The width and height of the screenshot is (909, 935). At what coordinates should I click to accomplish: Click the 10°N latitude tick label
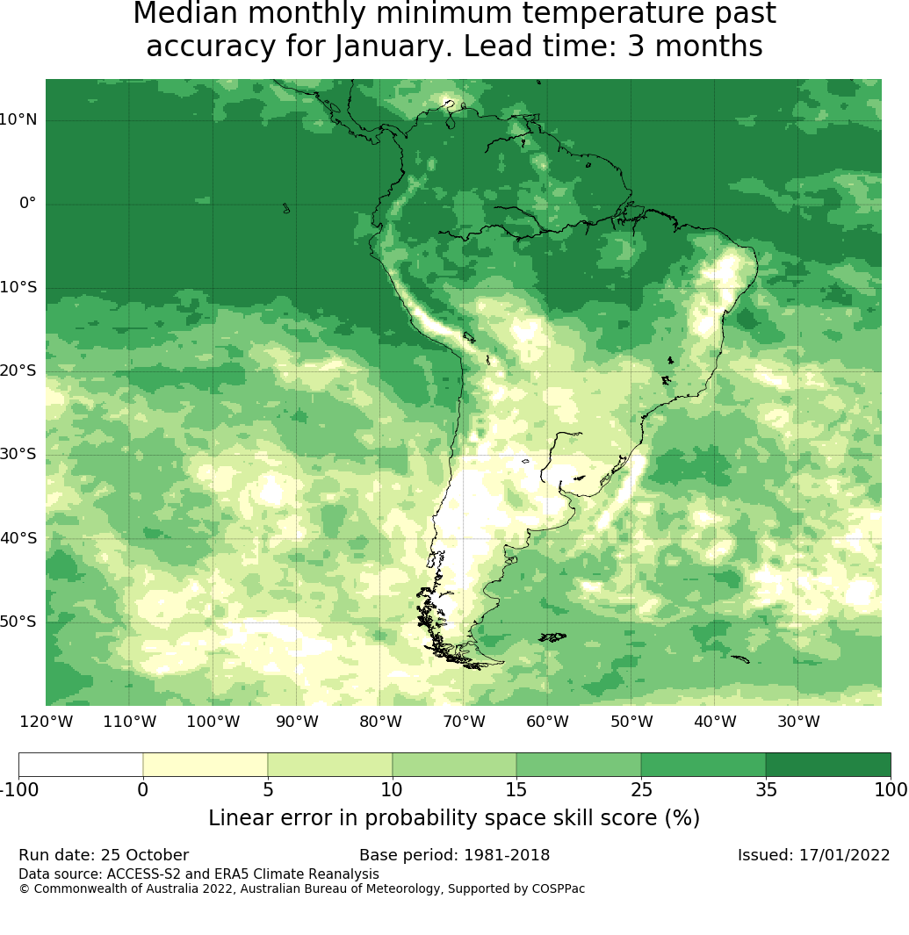point(18,120)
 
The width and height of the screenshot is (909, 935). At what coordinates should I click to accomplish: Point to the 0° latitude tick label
point(28,204)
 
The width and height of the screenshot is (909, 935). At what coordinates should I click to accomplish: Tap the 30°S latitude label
point(18,454)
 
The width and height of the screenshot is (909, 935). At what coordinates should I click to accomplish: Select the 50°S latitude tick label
point(18,622)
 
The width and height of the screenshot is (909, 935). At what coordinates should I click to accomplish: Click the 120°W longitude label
point(46,722)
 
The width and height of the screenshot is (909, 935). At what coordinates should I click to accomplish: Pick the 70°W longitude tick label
point(464,722)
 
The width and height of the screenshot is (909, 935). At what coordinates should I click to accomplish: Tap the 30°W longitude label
point(798,722)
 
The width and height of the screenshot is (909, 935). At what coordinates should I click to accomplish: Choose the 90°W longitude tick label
point(297,722)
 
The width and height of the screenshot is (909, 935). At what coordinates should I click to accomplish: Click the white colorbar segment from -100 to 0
point(81,765)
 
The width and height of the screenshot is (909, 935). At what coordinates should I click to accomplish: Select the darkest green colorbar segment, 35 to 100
point(827,765)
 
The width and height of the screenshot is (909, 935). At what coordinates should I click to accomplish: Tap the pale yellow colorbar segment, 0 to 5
point(205,765)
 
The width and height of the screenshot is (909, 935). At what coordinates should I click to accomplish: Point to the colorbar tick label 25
point(640,789)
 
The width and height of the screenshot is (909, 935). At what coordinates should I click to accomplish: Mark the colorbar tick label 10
point(392,789)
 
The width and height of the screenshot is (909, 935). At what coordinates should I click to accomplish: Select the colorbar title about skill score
point(454,818)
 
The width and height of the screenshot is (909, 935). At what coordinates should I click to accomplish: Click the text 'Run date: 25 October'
point(104,855)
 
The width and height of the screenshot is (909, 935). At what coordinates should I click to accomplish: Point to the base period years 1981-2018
point(507,855)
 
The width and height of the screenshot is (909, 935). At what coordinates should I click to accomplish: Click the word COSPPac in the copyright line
point(558,888)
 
